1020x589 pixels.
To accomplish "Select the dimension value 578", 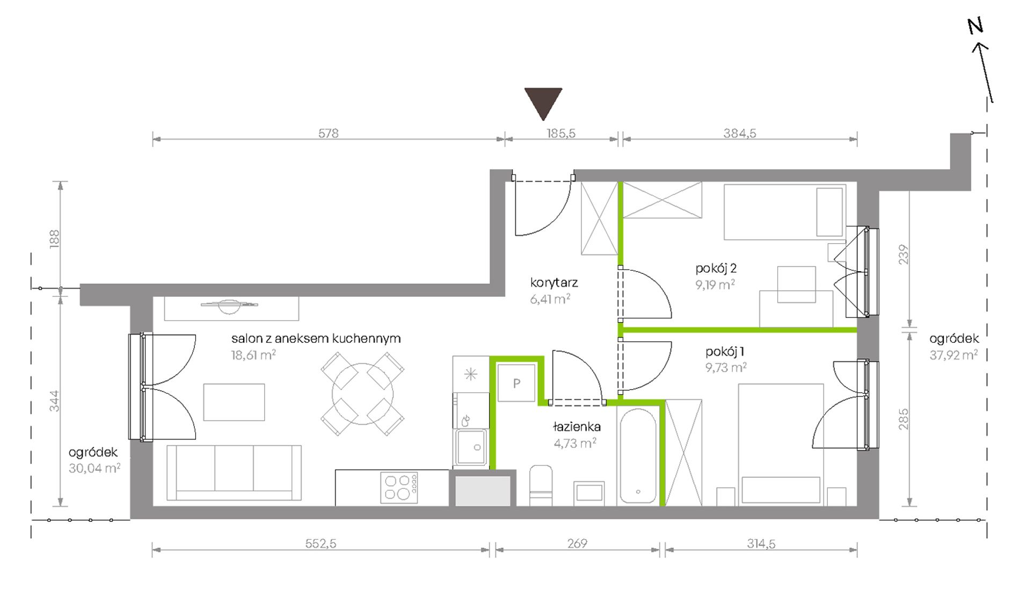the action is (x=329, y=133).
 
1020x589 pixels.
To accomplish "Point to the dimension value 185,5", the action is (x=561, y=133).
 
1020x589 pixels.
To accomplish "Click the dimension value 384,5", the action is (x=739, y=133).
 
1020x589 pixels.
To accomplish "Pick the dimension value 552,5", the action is (x=320, y=543).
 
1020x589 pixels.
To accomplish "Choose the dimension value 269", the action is (x=577, y=543).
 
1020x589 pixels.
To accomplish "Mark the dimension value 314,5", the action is (x=761, y=543).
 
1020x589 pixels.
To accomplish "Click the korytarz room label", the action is (x=554, y=282).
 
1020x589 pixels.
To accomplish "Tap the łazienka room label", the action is (x=577, y=427).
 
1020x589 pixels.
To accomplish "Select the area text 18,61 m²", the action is (x=253, y=354).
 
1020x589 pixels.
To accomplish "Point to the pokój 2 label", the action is (x=716, y=268).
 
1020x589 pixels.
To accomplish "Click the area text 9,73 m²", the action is (x=726, y=367).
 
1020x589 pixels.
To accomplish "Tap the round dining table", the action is (x=363, y=394).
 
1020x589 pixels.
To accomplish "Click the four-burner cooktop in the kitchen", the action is (x=399, y=488).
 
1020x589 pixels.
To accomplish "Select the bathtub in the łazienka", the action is (x=638, y=456).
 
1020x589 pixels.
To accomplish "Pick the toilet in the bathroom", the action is (x=541, y=485).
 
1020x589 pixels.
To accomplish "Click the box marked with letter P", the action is (x=516, y=383).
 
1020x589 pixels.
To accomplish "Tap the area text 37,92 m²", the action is (x=953, y=354).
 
